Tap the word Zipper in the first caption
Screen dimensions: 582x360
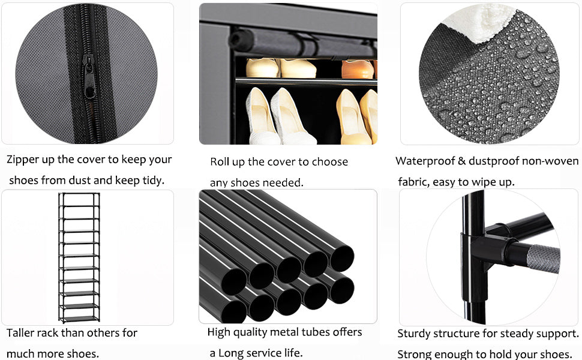click(23, 160)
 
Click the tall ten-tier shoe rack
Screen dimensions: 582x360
click(79, 257)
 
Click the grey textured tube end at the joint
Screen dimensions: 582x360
click(544, 259)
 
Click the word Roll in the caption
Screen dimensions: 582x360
click(218, 162)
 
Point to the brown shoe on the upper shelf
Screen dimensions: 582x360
click(358, 69)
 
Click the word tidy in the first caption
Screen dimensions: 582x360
click(153, 181)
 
